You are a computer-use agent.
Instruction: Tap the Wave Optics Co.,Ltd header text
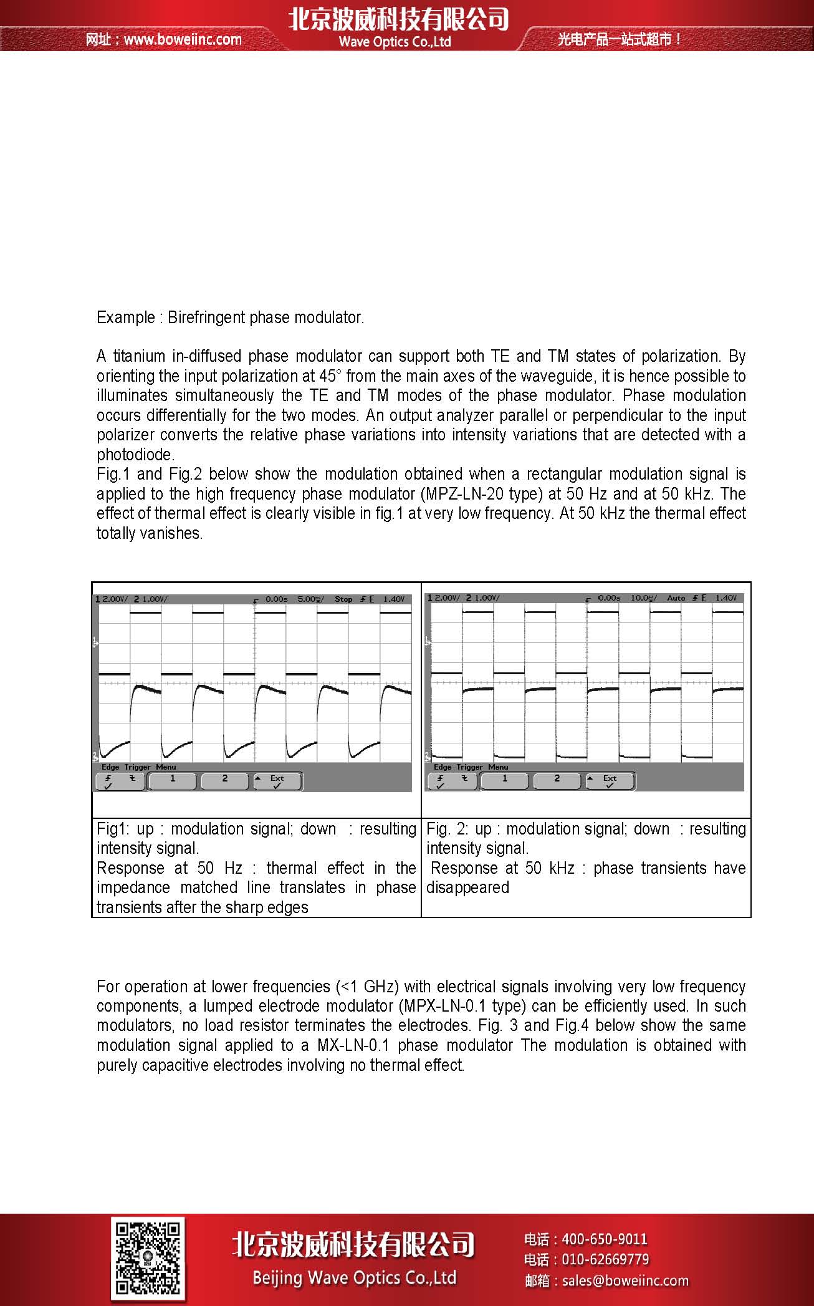tap(395, 42)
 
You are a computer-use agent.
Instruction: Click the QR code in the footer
tap(148, 1258)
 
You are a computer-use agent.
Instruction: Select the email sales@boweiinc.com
tap(625, 1281)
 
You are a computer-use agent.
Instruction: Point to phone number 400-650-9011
tap(605, 1239)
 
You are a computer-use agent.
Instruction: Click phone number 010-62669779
tap(605, 1260)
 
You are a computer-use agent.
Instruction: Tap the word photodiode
tap(135, 455)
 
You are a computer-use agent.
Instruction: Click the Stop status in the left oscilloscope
tap(343, 599)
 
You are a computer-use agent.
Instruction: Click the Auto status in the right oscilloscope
tap(676, 598)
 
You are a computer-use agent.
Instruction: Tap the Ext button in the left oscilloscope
tap(277, 781)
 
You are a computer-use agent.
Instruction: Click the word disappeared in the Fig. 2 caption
tap(467, 888)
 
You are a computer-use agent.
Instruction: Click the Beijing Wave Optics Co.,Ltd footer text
tap(354, 1278)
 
